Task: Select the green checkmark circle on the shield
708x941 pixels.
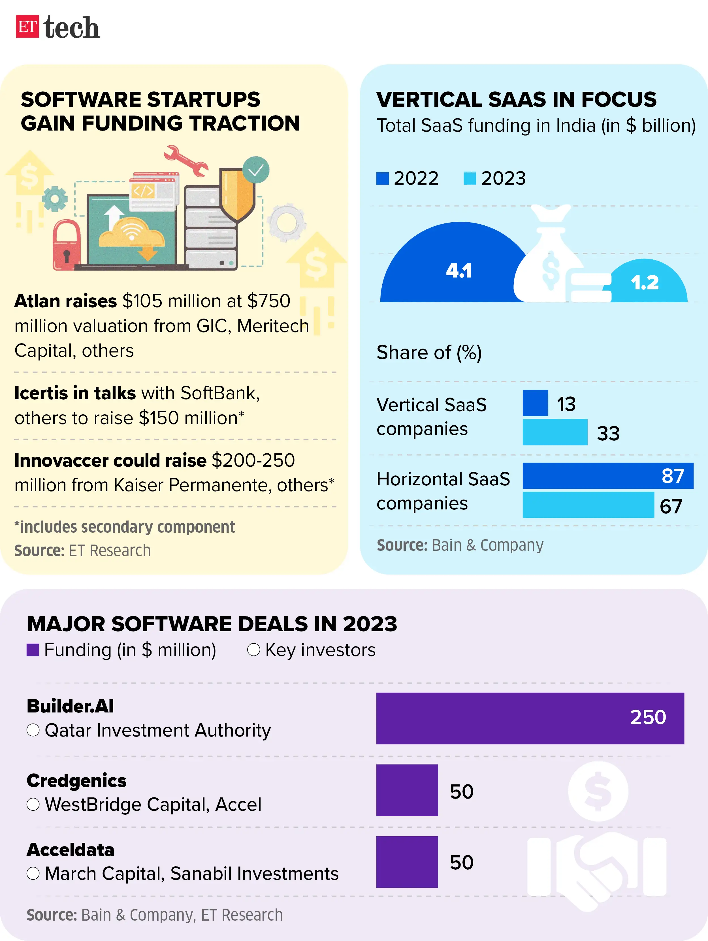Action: (x=256, y=170)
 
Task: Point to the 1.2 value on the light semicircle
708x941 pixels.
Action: (x=645, y=283)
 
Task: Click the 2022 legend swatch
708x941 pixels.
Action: (x=383, y=178)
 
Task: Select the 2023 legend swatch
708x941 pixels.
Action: (x=470, y=178)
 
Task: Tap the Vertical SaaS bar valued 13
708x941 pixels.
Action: (x=535, y=403)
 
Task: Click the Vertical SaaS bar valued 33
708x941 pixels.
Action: (x=555, y=432)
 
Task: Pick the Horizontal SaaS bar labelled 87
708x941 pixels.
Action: (x=607, y=476)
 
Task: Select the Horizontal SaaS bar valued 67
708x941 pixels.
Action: (x=588, y=505)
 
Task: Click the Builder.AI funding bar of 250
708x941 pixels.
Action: (x=530, y=718)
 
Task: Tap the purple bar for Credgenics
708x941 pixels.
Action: (x=407, y=790)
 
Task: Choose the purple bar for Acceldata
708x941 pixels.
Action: (x=407, y=862)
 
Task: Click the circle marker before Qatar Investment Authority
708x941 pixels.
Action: (x=33, y=730)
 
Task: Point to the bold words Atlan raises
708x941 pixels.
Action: (x=65, y=301)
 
